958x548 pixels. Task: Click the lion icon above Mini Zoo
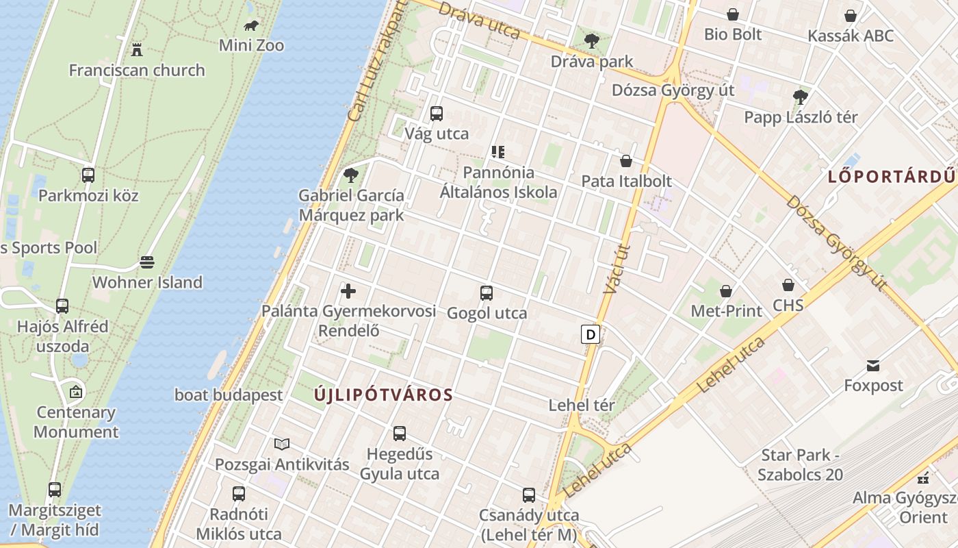251,27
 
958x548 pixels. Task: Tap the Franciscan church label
137,70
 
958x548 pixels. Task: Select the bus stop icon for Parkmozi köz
88,175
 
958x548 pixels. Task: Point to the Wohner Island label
147,282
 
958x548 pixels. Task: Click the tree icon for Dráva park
592,41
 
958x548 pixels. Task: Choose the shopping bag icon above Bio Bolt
733,14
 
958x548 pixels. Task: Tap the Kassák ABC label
851,36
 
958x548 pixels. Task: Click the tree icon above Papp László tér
800,97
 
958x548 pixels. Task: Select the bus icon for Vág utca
437,114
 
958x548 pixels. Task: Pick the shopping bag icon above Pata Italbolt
625,162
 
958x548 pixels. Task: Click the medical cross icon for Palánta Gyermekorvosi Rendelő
348,291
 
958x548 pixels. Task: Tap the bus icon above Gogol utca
487,293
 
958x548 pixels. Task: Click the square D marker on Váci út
590,334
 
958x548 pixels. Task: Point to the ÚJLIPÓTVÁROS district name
384,395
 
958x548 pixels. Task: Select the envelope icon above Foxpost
873,366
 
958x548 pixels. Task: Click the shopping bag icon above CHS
788,285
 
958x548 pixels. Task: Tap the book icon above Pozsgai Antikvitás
282,445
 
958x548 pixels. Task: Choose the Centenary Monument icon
76,393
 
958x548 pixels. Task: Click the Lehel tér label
582,406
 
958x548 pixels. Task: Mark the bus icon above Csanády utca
529,495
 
